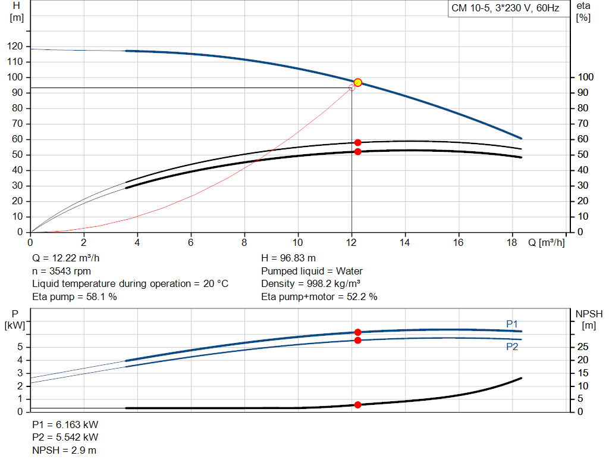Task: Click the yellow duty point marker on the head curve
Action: pos(357,82)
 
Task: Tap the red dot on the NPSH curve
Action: pos(357,405)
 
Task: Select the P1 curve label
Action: pos(512,324)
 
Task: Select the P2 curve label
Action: pos(512,347)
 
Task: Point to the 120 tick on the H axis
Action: pos(15,46)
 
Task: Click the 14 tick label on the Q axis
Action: pos(404,242)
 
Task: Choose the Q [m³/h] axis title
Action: pos(546,242)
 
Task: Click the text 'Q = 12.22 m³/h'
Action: pos(66,258)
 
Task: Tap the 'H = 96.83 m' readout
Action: pos(288,258)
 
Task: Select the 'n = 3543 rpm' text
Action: pos(61,271)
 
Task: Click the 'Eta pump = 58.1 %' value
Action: pos(74,297)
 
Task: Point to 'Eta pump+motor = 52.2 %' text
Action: pos(319,297)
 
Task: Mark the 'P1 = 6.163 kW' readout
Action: pos(65,425)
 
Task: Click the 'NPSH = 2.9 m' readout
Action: pos(64,450)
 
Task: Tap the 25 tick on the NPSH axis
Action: pos(583,347)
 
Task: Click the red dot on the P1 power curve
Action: pos(357,332)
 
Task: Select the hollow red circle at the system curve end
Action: pos(351,88)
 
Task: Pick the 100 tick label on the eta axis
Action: pos(585,77)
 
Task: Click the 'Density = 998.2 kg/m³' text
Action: pos(310,284)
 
